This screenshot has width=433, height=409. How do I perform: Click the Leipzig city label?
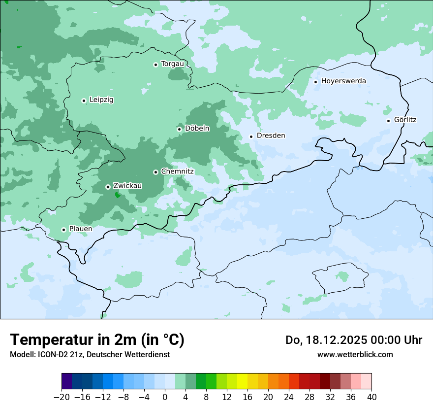[x=101, y=100]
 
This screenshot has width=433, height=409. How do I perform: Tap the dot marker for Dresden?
[x=251, y=136]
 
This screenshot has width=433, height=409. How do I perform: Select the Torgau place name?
[x=172, y=64]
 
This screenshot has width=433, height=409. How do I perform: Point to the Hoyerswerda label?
[x=343, y=81]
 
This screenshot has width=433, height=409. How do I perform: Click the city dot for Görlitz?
[x=388, y=121]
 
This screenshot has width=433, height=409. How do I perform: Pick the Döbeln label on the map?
[x=197, y=129]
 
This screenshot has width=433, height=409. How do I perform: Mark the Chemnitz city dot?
[x=155, y=172]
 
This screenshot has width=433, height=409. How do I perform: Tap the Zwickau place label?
[x=127, y=186]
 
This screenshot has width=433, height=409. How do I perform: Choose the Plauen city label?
[x=81, y=229]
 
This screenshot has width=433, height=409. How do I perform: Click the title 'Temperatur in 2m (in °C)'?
[x=97, y=340]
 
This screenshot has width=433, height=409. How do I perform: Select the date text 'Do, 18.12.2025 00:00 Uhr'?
[x=354, y=340]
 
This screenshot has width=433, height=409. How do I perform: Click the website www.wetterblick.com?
[x=355, y=354]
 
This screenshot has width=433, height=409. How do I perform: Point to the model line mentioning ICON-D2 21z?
[x=90, y=354]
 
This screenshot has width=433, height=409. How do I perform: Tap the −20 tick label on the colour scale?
[x=62, y=397]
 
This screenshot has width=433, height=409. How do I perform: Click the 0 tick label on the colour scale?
[x=165, y=397]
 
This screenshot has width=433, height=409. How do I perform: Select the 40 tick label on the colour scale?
[x=371, y=397]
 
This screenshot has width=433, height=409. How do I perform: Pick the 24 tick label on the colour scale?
[x=289, y=397]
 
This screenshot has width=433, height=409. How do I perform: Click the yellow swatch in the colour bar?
[x=242, y=381]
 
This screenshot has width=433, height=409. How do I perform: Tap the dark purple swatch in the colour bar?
[x=67, y=381]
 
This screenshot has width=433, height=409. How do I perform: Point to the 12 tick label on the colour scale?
[x=227, y=397]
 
